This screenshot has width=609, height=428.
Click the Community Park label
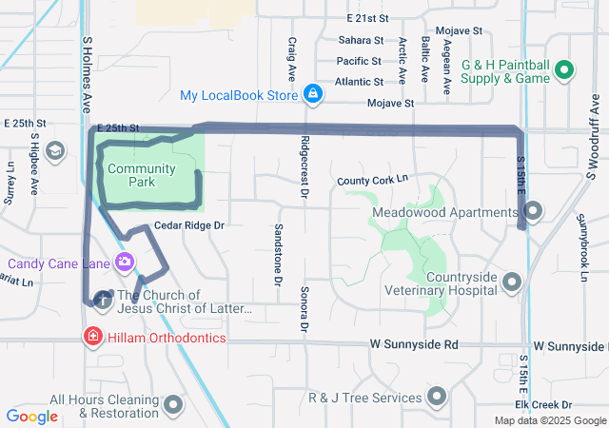[x=141, y=175]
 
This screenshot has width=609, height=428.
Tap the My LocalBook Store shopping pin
[x=311, y=94]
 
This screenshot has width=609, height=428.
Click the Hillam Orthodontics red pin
[x=93, y=337]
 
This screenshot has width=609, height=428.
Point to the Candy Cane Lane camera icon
[x=124, y=262]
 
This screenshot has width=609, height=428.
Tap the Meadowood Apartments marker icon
[x=533, y=211]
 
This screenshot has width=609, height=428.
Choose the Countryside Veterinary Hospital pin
[x=513, y=282]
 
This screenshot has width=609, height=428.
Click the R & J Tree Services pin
[x=438, y=396]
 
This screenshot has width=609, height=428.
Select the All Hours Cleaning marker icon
[x=173, y=405]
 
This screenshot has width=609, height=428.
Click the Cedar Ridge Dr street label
[x=188, y=225]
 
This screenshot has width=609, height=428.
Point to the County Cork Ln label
[x=372, y=179]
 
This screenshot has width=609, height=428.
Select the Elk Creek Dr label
[x=570, y=405]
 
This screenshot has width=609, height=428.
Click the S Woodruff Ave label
[x=591, y=143]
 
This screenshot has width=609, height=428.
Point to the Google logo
[x=31, y=416]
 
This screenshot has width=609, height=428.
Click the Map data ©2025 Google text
[x=549, y=420]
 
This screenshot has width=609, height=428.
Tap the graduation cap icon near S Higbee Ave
[x=56, y=150]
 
